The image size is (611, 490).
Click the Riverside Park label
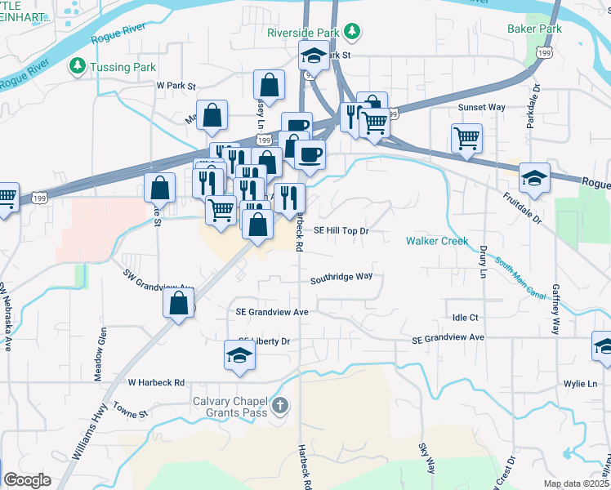[302, 33]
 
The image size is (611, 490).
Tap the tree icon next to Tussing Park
[78, 65]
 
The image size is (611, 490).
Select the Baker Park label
[534, 29]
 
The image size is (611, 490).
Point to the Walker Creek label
[437, 241]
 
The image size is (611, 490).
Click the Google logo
[27, 480]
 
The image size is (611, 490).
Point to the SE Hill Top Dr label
[342, 231]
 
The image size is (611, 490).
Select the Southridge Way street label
[341, 277]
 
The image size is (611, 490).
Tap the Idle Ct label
[464, 317]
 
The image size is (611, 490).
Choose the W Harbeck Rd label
[156, 381]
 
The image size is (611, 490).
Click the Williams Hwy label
[90, 442]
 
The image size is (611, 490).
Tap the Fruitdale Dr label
[522, 208]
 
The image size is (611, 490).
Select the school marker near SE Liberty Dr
[239, 355]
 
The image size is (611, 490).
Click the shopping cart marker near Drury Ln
[466, 137]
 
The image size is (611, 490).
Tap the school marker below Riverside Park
[312, 56]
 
